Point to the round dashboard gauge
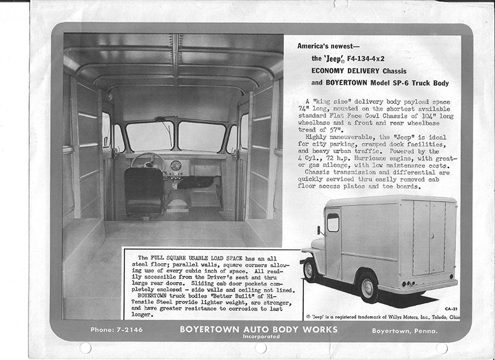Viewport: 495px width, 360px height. pyautogui.click(x=175, y=166)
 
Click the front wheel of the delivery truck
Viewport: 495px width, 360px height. pyautogui.click(x=309, y=270)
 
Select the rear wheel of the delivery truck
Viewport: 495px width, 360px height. pyautogui.click(x=369, y=286)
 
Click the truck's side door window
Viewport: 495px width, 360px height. pyautogui.click(x=333, y=223)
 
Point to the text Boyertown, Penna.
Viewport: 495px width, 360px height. pyautogui.click(x=405, y=330)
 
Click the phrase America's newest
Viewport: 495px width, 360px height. pyautogui.click(x=326, y=45)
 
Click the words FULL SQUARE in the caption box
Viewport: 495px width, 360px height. pyautogui.click(x=180, y=257)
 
